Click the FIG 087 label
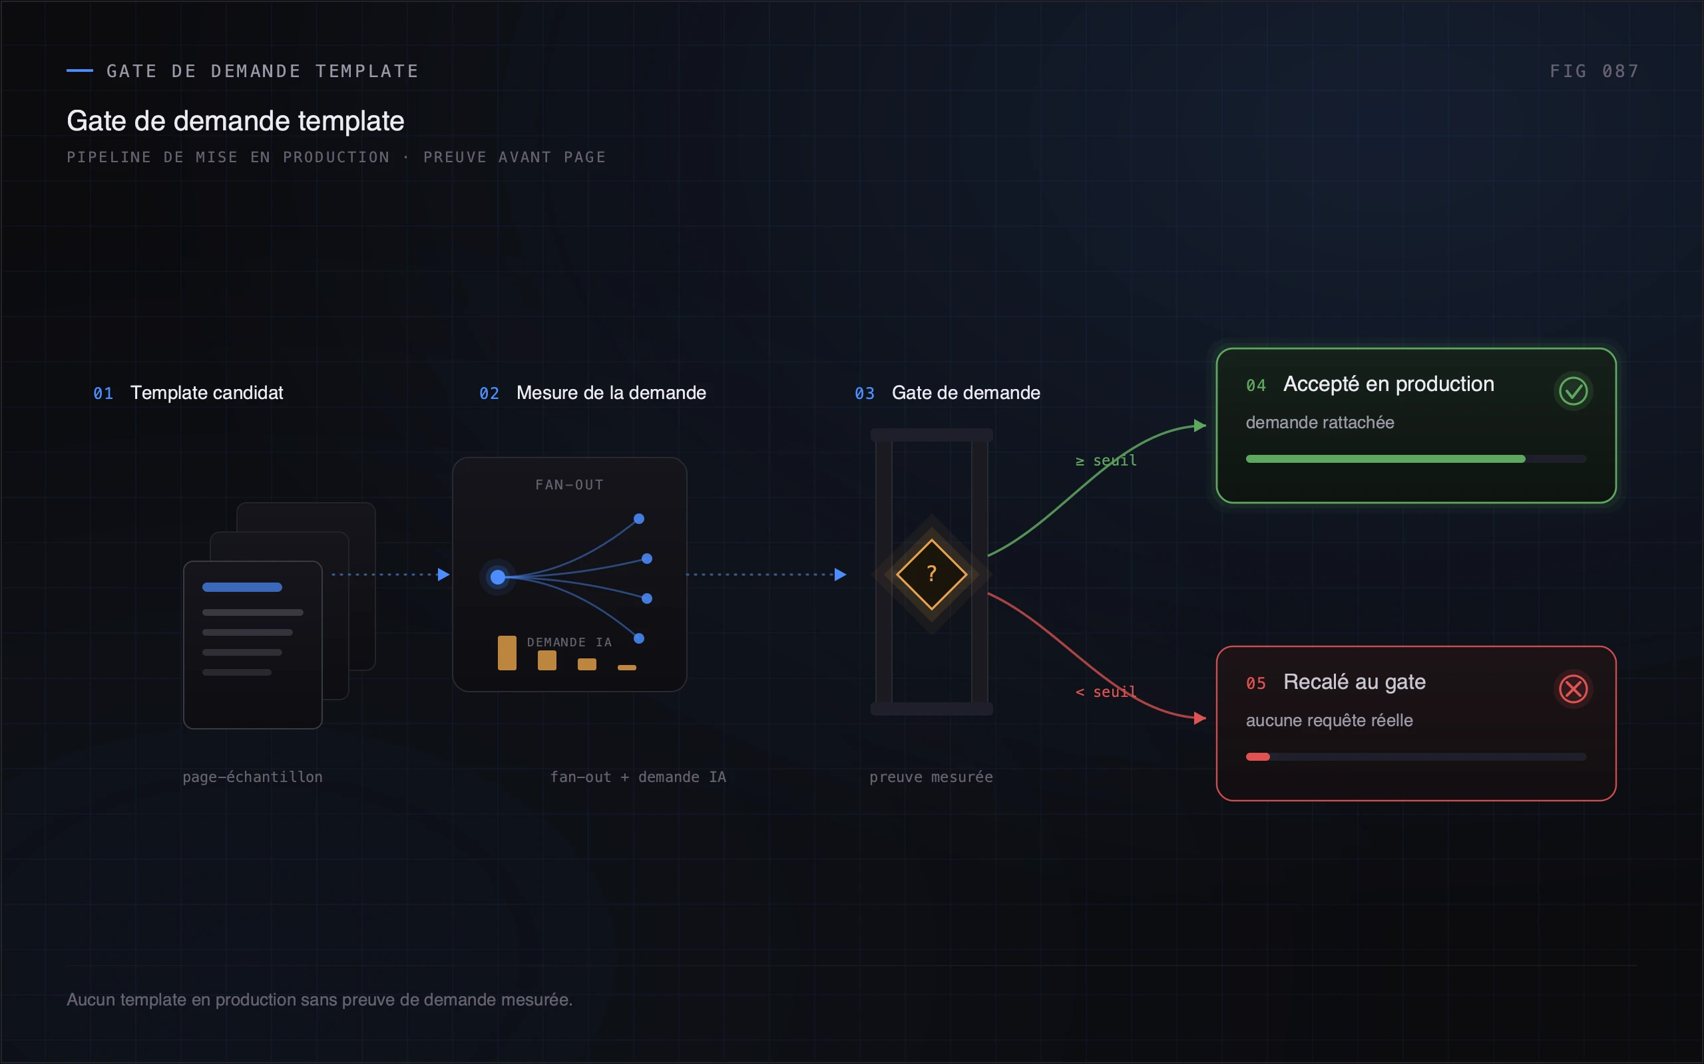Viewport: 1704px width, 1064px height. (1594, 71)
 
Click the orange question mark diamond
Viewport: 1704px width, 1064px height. (932, 574)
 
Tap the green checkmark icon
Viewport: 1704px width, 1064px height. (1573, 391)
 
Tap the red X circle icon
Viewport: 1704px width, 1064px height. (1573, 689)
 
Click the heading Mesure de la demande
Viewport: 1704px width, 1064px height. (611, 392)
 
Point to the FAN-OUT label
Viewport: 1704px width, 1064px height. (570, 485)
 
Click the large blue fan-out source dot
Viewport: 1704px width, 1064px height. (498, 577)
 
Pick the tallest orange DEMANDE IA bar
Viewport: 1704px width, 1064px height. (507, 653)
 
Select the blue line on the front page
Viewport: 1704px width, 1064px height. (242, 587)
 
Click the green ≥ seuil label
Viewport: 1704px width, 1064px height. (1106, 460)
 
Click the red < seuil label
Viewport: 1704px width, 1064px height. (1106, 692)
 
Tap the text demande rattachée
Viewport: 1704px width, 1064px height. (1319, 422)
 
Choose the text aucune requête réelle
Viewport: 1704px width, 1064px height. (1329, 721)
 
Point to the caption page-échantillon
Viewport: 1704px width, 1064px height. (253, 777)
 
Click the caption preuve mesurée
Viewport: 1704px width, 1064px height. (931, 777)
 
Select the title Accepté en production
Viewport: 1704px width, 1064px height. (1388, 384)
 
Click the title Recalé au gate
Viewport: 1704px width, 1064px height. (1354, 682)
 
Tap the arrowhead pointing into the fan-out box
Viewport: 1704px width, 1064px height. (443, 574)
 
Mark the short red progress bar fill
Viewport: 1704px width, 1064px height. (1257, 757)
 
